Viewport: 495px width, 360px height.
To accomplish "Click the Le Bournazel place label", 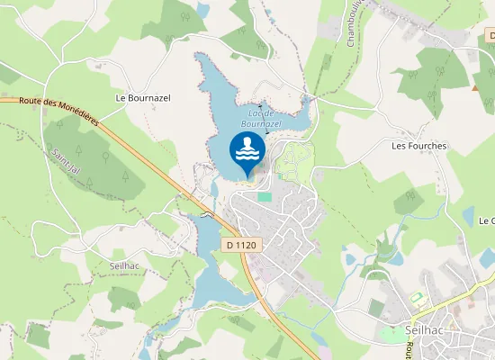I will [143, 96].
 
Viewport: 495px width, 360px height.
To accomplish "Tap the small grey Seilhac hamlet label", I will [121, 266].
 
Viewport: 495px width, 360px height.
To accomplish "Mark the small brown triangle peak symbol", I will [475, 87].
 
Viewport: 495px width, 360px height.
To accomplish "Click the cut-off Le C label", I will [486, 220].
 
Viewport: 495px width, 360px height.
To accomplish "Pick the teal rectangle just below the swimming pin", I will [265, 195].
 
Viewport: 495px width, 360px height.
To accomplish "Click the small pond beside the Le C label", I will [469, 216].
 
